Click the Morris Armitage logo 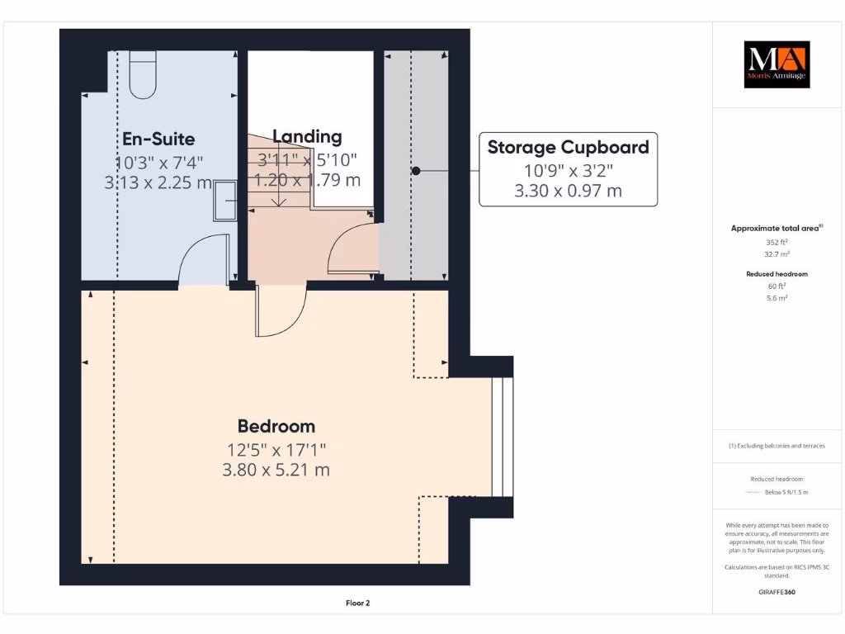(777, 64)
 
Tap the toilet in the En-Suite (143, 74)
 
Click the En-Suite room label (159, 138)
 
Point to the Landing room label (307, 136)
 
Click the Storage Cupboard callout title (568, 148)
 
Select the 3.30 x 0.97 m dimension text (568, 191)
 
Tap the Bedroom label (276, 426)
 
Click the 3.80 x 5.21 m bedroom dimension (276, 470)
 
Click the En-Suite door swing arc (203, 258)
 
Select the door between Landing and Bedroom (281, 312)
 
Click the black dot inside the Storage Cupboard (416, 171)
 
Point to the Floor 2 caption (357, 603)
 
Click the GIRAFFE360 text (777, 592)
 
